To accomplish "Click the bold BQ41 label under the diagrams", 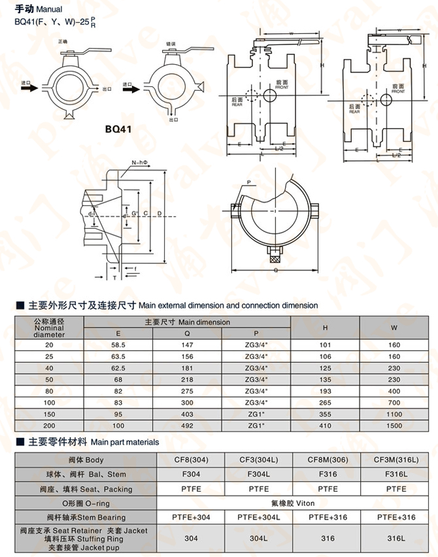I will pyautogui.click(x=118, y=129).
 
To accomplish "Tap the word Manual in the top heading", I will pyautogui.click(x=49, y=10).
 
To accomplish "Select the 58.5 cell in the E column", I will pyautogui.click(x=118, y=344).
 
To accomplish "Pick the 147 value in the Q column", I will pyautogui.click(x=188, y=344).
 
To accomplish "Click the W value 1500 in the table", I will pyautogui.click(x=394, y=426).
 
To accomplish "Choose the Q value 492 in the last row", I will pyautogui.click(x=188, y=426).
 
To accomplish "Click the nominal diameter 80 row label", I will pyautogui.click(x=50, y=391).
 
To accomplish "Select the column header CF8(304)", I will pyautogui.click(x=191, y=460).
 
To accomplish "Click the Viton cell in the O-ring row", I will pyautogui.click(x=294, y=503).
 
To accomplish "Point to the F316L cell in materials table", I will pyautogui.click(x=396, y=474).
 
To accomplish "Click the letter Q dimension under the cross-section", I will pyautogui.click(x=275, y=269).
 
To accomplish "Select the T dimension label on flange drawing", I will pyautogui.click(x=115, y=278).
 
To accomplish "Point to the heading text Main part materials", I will pyautogui.click(x=125, y=443).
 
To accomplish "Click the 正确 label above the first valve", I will pyautogui.click(x=62, y=41).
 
